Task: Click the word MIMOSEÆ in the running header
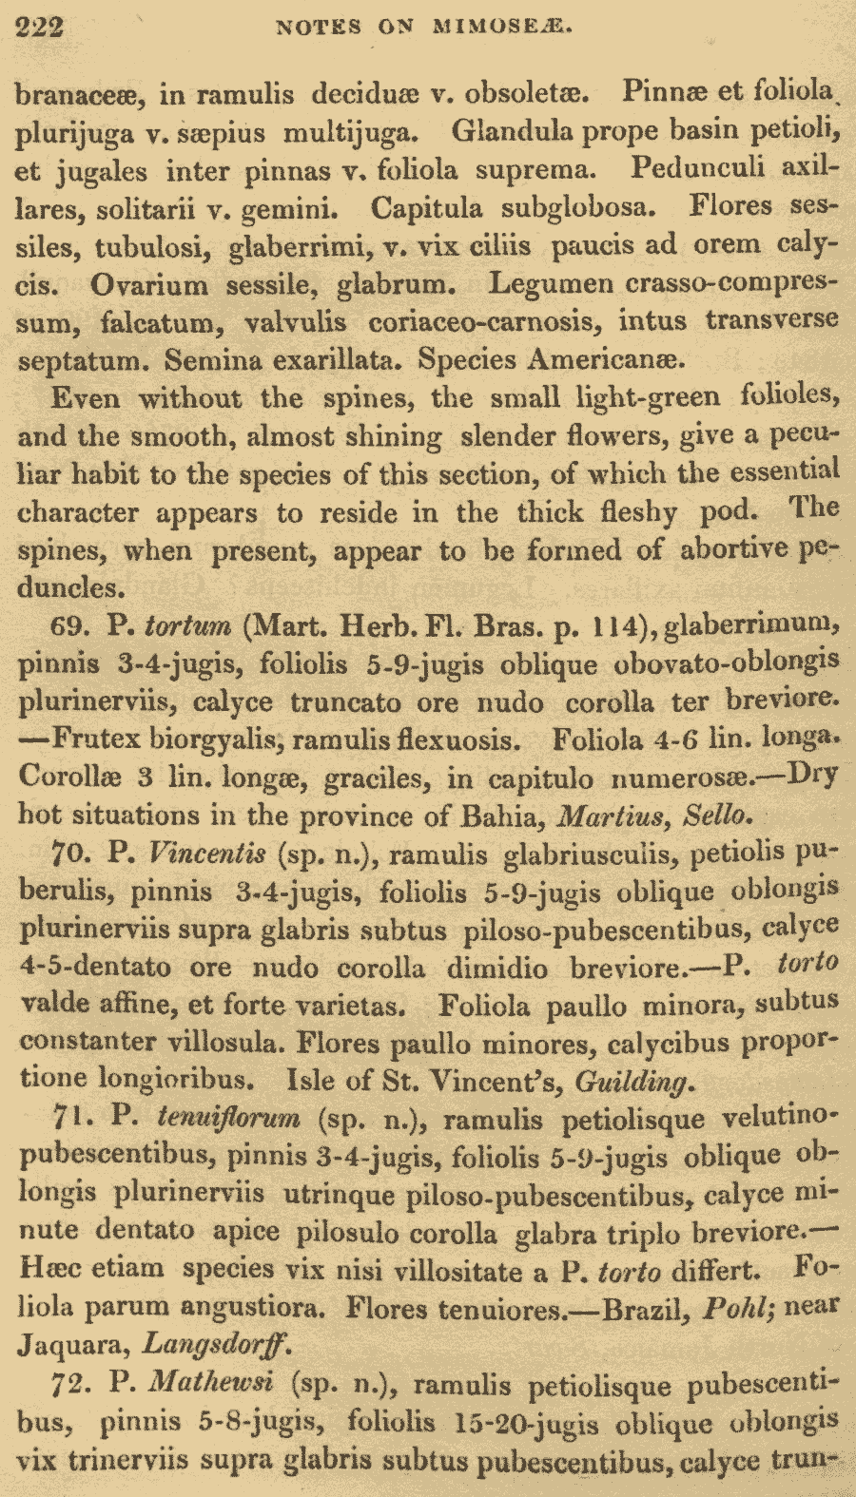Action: coord(503,27)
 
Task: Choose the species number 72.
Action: coord(71,1384)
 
